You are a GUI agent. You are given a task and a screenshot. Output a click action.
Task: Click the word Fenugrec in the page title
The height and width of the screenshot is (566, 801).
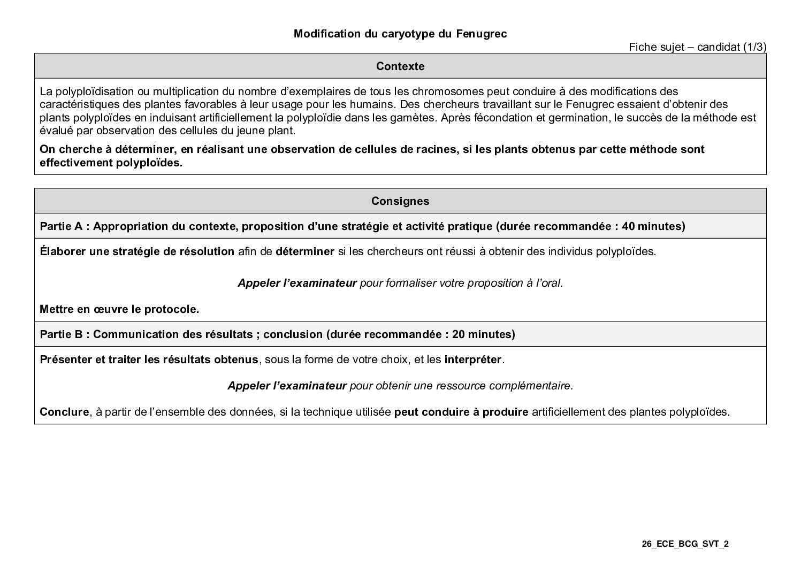(482, 34)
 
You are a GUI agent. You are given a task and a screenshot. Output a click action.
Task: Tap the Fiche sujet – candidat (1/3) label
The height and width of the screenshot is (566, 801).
(697, 47)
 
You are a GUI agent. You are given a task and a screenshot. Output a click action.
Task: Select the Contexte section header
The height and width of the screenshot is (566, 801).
(400, 66)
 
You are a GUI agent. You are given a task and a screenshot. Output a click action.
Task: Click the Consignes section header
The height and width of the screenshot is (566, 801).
(400, 201)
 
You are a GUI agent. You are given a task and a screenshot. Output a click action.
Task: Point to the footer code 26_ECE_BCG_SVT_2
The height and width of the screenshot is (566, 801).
(685, 544)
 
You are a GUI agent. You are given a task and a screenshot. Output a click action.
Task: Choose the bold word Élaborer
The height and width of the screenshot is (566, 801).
(63, 251)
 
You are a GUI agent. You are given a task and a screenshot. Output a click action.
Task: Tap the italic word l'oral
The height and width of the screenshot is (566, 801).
(547, 283)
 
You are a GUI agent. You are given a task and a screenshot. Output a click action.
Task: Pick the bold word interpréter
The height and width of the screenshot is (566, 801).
(472, 360)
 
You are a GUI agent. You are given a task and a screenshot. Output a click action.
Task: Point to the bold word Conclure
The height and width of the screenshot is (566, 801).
(64, 412)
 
